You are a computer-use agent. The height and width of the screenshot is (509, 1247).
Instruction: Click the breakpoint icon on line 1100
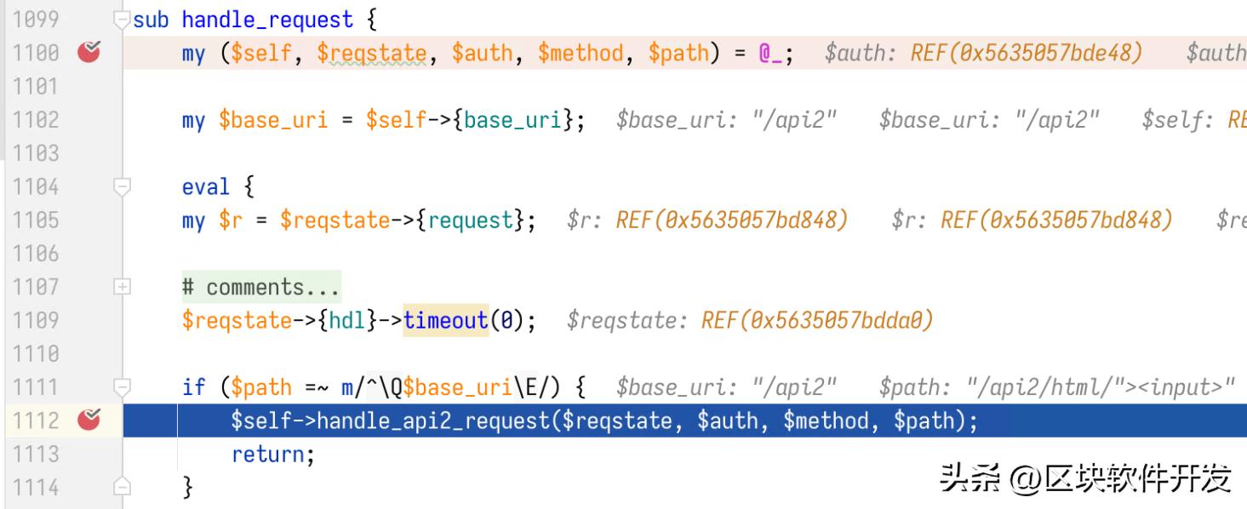pos(89,52)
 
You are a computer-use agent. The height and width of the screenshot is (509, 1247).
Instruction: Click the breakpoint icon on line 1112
pos(89,420)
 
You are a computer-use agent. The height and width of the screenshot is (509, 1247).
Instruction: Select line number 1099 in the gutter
pos(36,20)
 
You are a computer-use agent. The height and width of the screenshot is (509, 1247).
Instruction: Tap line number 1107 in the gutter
pos(36,287)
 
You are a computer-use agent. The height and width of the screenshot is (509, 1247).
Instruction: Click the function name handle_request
pos(267,20)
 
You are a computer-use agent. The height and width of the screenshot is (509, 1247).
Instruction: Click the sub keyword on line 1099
pos(151,20)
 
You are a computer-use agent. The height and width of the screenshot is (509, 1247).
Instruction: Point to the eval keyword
pos(205,187)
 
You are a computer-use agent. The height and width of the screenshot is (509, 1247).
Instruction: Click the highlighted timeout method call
pos(446,320)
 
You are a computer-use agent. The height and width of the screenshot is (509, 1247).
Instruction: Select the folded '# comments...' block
pos(261,287)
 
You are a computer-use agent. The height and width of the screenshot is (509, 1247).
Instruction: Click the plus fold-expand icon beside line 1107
pos(122,287)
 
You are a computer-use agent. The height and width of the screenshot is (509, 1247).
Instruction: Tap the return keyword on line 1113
pos(267,455)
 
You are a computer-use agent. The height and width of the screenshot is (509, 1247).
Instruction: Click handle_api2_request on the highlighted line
pos(433,421)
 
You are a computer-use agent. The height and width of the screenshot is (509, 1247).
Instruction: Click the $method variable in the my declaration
pos(581,53)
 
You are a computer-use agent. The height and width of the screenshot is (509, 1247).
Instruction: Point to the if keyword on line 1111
pos(194,386)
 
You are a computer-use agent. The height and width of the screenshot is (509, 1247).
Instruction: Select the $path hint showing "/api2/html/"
pos(1056,387)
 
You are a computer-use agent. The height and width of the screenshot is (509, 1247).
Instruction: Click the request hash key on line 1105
pos(470,220)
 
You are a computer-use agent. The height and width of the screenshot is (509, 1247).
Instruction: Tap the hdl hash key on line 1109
pos(346,320)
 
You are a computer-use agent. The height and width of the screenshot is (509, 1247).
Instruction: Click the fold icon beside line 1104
pos(122,186)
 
